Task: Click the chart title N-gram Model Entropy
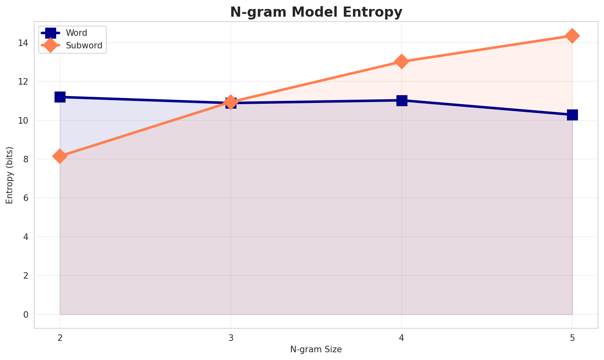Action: [x=316, y=12]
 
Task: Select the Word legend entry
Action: [x=77, y=33]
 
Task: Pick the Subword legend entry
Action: [x=84, y=46]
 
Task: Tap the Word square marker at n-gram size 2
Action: [x=60, y=97]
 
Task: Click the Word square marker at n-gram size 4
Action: [x=402, y=100]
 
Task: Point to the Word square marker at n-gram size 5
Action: [x=572, y=115]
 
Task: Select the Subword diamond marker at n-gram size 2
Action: [x=60, y=156]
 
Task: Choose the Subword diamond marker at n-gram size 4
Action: [x=402, y=62]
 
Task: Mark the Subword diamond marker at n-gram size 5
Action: [x=572, y=36]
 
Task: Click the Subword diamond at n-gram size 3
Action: [x=231, y=102]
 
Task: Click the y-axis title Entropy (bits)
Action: [x=9, y=175]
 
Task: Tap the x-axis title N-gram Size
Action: [x=316, y=349]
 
